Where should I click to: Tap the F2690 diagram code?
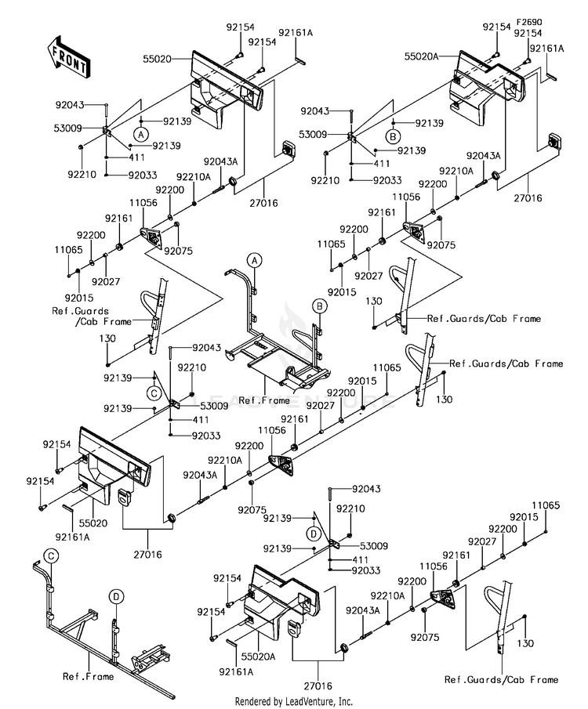pos(529,22)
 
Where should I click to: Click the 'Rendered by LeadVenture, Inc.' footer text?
pos(293,701)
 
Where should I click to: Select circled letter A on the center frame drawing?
pos(255,260)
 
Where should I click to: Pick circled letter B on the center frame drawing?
pos(320,306)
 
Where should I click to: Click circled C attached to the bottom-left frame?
pos(51,555)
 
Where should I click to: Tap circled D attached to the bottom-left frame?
pos(116,597)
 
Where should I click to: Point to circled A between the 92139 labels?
pos(141,134)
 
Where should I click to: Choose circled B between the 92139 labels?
pos(393,136)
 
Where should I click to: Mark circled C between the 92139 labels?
pos(154,393)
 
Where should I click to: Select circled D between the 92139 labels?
pos(314,534)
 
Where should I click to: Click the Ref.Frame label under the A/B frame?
pos(264,400)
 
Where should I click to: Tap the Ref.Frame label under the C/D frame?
pos(89,676)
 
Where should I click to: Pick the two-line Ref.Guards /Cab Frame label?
pos(92,316)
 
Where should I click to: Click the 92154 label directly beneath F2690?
pos(528,33)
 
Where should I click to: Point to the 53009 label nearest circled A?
pos(68,128)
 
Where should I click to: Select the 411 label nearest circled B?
pos(382,163)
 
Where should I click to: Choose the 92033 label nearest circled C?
pos(206,436)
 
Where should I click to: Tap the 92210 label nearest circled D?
pos(350,508)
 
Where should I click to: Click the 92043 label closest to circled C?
pos(207,347)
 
